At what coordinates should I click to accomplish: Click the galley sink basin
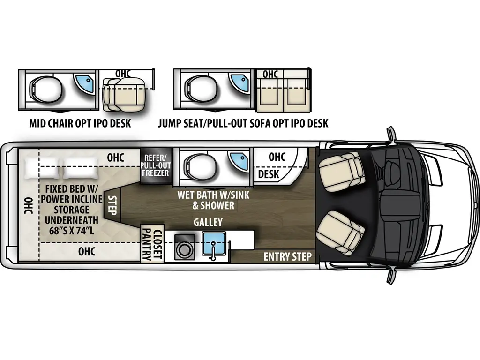pyautogui.click(x=214, y=242)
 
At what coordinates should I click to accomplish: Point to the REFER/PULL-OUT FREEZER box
pyautogui.click(x=156, y=165)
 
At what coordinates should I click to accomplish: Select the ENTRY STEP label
pyautogui.click(x=287, y=256)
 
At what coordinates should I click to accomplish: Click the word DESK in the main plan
pyautogui.click(x=269, y=174)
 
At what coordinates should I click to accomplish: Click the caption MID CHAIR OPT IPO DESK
pyautogui.click(x=80, y=124)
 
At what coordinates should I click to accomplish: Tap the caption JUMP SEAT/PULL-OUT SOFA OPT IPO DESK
pyautogui.click(x=243, y=124)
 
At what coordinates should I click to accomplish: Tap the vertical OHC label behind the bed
pyautogui.click(x=27, y=205)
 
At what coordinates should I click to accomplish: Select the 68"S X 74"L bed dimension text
pyautogui.click(x=71, y=230)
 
